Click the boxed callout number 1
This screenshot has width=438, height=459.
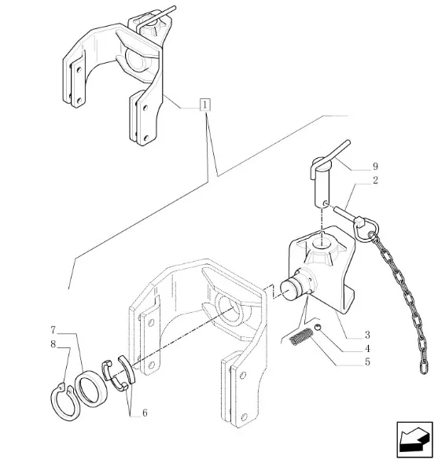tap(205, 105)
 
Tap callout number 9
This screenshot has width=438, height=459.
tap(375, 167)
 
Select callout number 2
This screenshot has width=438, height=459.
tap(375, 180)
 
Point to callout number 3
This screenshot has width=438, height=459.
tap(367, 335)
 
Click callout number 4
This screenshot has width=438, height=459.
tap(367, 349)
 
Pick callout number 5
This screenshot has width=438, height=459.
tap(367, 362)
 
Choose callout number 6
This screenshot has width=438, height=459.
tap(145, 413)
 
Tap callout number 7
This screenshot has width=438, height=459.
tap(53, 330)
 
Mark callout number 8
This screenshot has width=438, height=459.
tap(53, 344)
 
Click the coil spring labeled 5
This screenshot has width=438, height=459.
tap(300, 336)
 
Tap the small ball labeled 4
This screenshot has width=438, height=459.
tap(318, 327)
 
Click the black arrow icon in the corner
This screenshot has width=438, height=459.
tap(414, 439)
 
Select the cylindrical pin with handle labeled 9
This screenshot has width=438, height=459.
tap(322, 182)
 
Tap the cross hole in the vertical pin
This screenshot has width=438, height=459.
tap(325, 203)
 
